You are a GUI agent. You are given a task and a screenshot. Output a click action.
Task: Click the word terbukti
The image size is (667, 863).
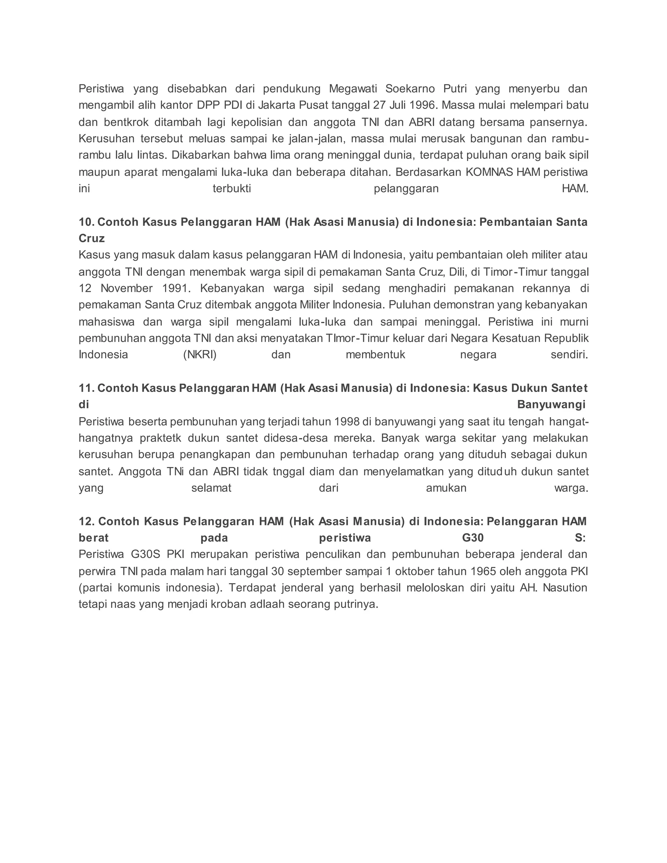[232, 189]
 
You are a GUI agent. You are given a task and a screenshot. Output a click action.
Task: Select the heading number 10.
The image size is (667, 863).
[86, 222]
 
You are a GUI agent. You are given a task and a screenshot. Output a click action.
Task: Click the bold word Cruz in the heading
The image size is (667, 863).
[92, 239]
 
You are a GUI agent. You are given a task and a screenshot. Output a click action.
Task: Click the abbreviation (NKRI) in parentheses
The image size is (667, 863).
[200, 354]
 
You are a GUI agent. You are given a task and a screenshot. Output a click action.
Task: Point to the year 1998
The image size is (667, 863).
[347, 422]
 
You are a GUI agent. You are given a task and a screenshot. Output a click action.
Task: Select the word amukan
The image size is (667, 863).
[446, 488]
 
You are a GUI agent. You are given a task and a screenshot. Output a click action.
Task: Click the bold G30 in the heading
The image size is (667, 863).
[473, 538]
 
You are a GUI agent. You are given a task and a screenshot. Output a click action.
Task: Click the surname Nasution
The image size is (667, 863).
[565, 588]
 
